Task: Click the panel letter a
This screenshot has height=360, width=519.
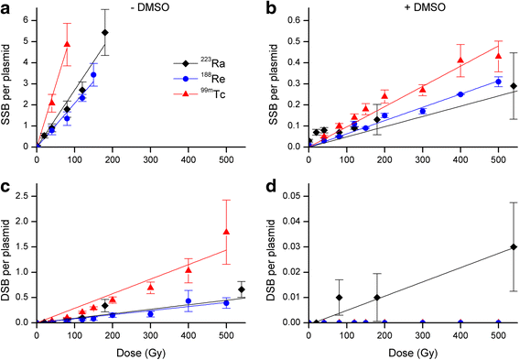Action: pyautogui.click(x=5, y=7)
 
